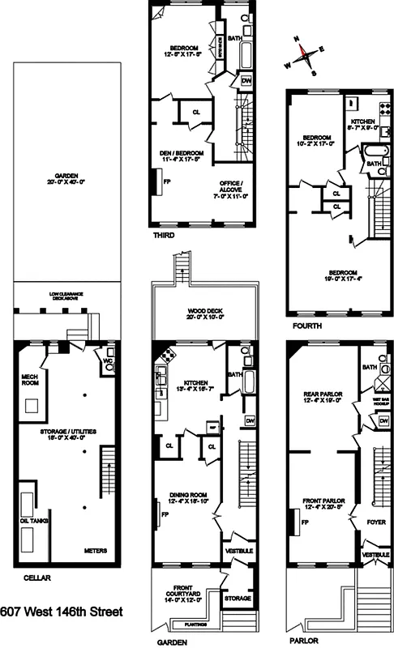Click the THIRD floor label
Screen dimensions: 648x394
163,236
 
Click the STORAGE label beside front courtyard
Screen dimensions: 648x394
238,598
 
